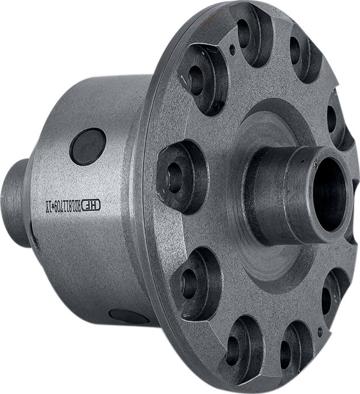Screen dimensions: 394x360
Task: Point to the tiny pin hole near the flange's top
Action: coord(233,49)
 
